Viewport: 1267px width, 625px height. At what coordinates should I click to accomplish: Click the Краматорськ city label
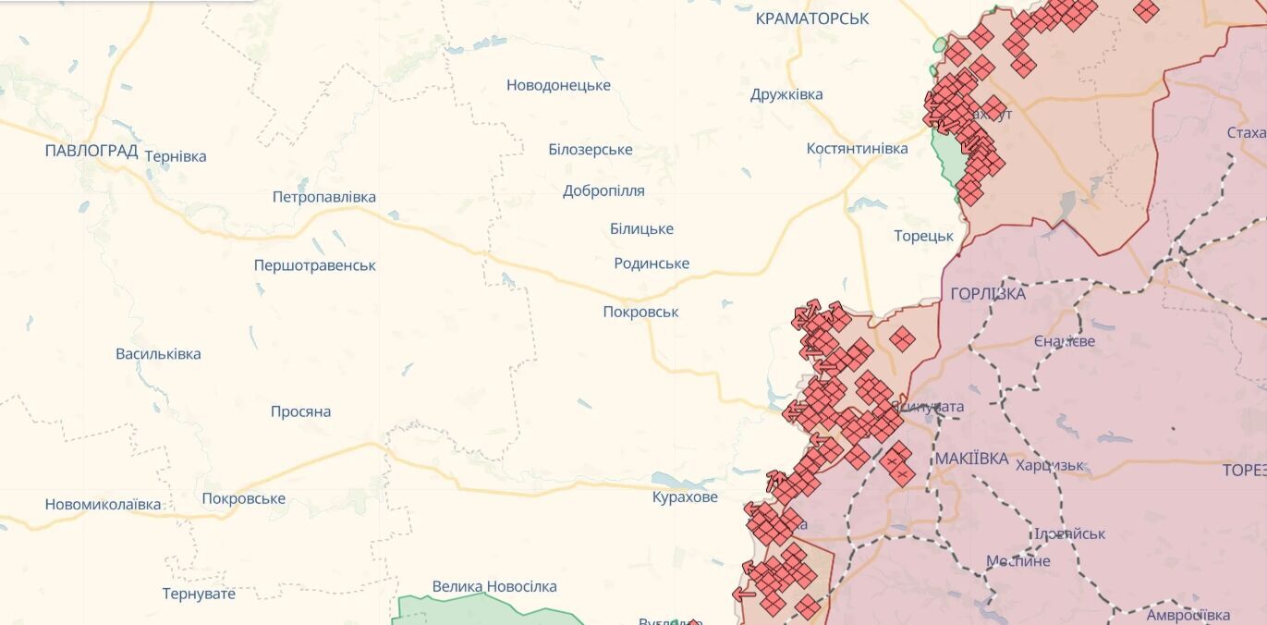[811, 18]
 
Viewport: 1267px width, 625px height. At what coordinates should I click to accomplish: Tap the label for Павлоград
[91, 150]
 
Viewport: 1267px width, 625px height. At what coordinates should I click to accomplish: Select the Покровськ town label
[640, 312]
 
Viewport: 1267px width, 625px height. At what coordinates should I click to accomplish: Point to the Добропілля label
[603, 190]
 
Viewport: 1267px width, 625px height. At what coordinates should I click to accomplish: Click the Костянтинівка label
[857, 148]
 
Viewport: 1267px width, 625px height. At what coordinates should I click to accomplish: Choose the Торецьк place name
[923, 236]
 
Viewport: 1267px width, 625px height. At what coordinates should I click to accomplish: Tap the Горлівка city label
[988, 294]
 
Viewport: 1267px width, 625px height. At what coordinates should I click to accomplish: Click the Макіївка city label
[970, 459]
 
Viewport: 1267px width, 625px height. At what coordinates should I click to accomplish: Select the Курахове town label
[685, 497]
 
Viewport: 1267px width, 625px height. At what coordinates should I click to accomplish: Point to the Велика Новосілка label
[494, 586]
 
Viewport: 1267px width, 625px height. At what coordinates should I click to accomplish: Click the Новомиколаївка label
[103, 504]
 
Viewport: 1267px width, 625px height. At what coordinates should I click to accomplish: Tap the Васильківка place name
[158, 353]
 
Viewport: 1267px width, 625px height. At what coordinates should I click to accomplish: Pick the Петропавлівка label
[324, 197]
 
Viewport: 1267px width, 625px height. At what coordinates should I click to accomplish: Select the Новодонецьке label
[558, 85]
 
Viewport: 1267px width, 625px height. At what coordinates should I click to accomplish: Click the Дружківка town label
[786, 94]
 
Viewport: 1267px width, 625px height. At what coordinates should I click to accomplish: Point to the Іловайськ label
[1070, 533]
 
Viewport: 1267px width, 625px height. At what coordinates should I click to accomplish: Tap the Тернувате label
[199, 593]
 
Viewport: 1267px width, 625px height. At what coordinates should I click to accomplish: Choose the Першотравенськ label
[315, 265]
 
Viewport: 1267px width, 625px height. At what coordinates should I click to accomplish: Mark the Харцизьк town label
[1050, 465]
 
